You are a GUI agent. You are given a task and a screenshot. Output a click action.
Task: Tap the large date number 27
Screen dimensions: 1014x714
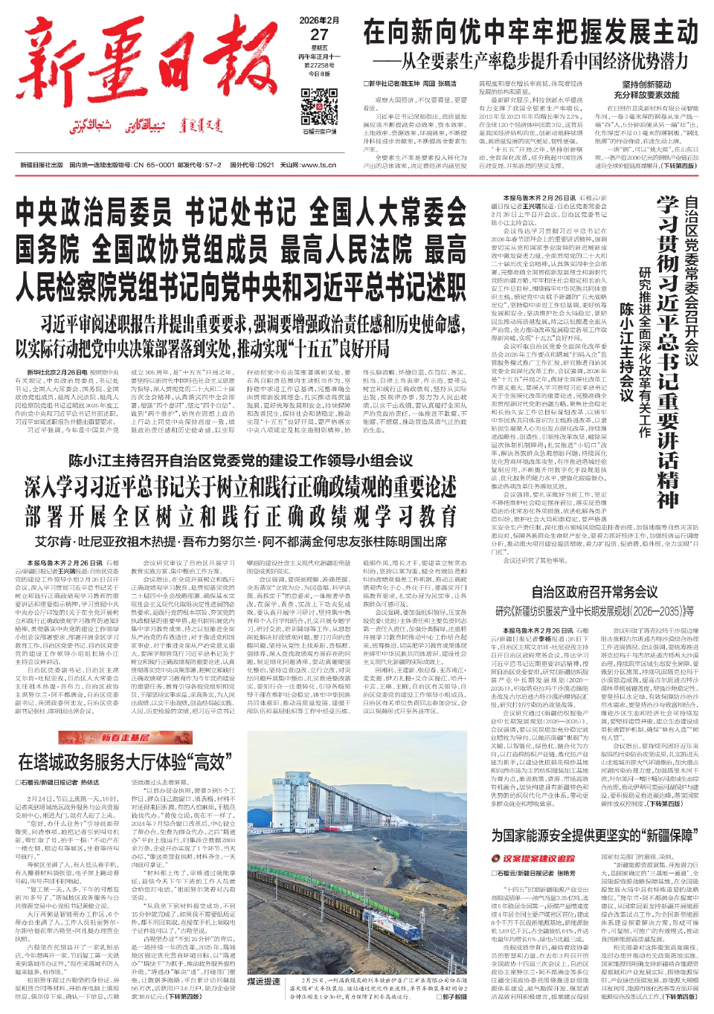click(319, 34)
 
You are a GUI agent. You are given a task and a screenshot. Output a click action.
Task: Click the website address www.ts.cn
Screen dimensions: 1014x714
click(318, 165)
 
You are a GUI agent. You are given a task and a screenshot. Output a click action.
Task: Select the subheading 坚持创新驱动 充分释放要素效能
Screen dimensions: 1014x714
click(646, 90)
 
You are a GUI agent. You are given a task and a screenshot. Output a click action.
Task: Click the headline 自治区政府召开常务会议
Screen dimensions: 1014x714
click(594, 592)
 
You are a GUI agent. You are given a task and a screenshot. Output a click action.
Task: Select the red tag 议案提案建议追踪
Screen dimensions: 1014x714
click(538, 859)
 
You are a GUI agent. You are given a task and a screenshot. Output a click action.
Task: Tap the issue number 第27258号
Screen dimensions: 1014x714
click(319, 65)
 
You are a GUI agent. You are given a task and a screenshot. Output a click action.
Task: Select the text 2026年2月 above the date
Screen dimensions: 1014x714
click(319, 20)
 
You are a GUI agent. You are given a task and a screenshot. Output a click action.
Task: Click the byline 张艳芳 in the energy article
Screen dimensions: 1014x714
click(565, 873)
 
